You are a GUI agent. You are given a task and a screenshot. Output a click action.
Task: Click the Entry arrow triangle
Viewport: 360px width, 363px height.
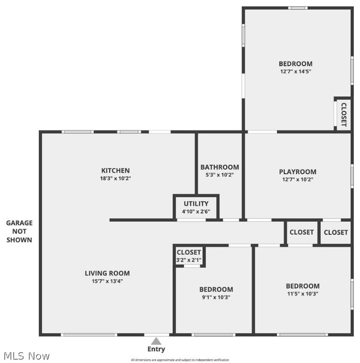pyautogui.click(x=156, y=341)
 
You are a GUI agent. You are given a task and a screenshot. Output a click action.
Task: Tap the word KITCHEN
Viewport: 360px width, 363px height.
pyautogui.click(x=115, y=171)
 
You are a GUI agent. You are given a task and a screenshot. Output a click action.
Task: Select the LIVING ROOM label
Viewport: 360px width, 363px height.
pyautogui.click(x=107, y=273)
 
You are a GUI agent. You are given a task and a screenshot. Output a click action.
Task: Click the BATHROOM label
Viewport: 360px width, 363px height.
pyautogui.click(x=220, y=167)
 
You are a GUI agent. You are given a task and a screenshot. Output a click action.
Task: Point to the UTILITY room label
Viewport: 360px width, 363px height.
pyautogui.click(x=196, y=204)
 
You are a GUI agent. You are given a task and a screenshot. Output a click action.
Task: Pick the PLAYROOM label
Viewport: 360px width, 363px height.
pyautogui.click(x=298, y=172)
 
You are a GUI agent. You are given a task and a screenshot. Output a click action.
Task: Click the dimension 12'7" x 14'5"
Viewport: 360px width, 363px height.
pyautogui.click(x=295, y=72)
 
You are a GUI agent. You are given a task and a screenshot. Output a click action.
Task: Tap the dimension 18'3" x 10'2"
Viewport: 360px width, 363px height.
pyautogui.click(x=115, y=179)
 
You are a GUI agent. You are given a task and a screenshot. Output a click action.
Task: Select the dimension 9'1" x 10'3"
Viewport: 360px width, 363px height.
pyautogui.click(x=216, y=297)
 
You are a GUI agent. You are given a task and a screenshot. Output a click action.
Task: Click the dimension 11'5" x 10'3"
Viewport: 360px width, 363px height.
pyautogui.click(x=302, y=294)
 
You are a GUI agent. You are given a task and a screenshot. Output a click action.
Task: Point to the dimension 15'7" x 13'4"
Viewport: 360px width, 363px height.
pyautogui.click(x=107, y=281)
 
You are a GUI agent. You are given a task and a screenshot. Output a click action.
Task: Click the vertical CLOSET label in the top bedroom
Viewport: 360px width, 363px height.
pyautogui.click(x=343, y=115)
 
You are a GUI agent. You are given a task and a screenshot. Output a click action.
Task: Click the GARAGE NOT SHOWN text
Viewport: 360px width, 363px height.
pyautogui.click(x=19, y=231)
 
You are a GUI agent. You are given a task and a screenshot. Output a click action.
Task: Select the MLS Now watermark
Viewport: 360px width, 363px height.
pyautogui.click(x=26, y=355)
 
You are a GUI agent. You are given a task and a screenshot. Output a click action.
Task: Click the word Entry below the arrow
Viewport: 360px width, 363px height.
pyautogui.click(x=156, y=350)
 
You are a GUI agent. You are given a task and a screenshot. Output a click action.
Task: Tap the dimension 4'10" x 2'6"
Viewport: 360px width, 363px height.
pyautogui.click(x=196, y=212)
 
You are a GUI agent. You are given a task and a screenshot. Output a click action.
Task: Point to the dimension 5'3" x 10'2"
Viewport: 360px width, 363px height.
pyautogui.click(x=220, y=175)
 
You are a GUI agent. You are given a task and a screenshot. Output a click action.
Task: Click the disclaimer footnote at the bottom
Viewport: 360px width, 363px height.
pyautogui.click(x=180, y=360)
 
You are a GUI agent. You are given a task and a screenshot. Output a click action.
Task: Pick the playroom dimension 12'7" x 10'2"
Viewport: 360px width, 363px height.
pyautogui.click(x=298, y=180)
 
